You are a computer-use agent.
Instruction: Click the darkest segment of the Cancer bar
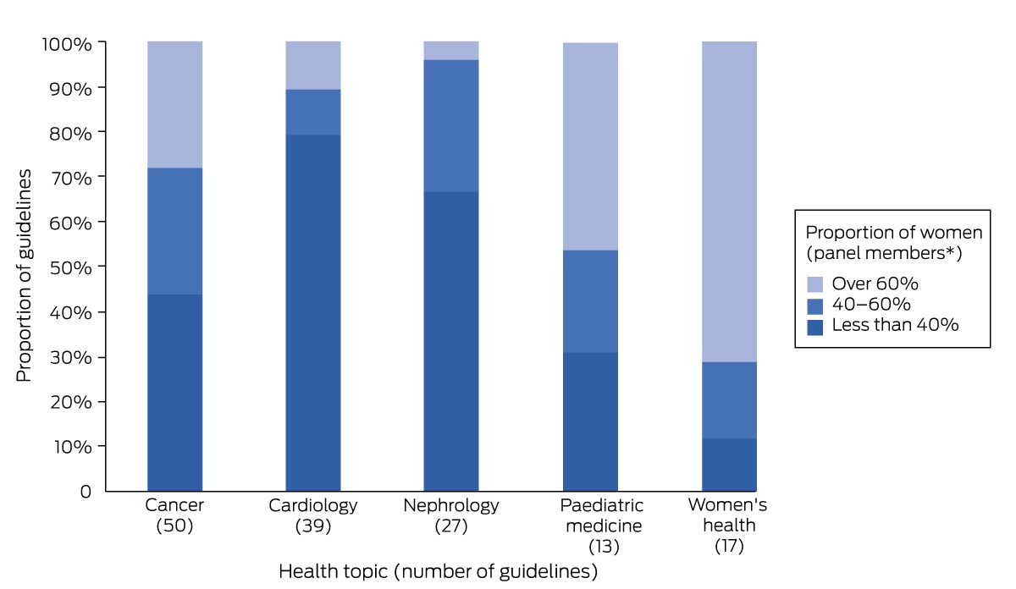click(174, 393)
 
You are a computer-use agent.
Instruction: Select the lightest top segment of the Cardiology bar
click(313, 65)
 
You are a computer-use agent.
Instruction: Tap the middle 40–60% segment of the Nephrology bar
click(450, 125)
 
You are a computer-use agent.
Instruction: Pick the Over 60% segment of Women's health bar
click(729, 201)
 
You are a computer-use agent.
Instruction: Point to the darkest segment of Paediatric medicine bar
click(590, 421)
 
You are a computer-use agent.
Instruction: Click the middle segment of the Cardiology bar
click(313, 112)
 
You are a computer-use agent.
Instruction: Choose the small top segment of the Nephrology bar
click(450, 51)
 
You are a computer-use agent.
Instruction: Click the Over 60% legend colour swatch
click(815, 284)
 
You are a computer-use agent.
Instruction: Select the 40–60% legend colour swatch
click(815, 306)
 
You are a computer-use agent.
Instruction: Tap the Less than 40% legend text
click(895, 325)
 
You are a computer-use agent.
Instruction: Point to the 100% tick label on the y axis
click(67, 45)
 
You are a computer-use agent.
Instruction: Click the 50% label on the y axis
click(70, 267)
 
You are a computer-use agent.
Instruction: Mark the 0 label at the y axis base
click(86, 492)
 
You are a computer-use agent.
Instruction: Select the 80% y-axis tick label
click(70, 134)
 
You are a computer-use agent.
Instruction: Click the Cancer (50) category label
click(174, 515)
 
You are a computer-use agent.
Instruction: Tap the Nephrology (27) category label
click(450, 515)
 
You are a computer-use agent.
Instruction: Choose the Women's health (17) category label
click(728, 525)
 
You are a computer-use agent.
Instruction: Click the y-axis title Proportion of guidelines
click(24, 276)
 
